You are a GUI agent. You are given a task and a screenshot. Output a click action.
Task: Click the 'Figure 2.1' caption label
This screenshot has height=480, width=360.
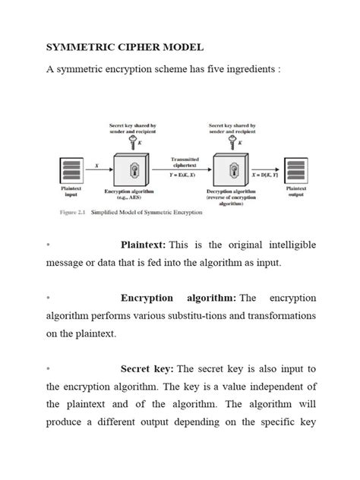pyautogui.click(x=73, y=212)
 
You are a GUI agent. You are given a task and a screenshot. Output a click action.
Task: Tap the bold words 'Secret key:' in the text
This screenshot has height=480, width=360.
pyautogui.click(x=147, y=368)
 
